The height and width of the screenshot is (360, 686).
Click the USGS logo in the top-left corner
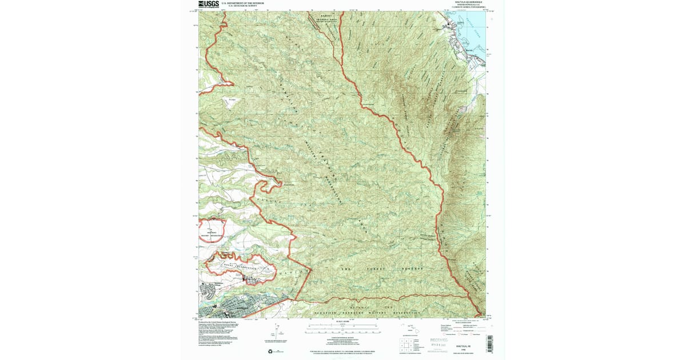(x=209, y=4)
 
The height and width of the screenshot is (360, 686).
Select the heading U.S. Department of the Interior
(x=242, y=3)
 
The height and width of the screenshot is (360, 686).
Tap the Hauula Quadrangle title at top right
(x=466, y=3)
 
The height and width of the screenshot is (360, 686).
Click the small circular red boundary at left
(x=212, y=233)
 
